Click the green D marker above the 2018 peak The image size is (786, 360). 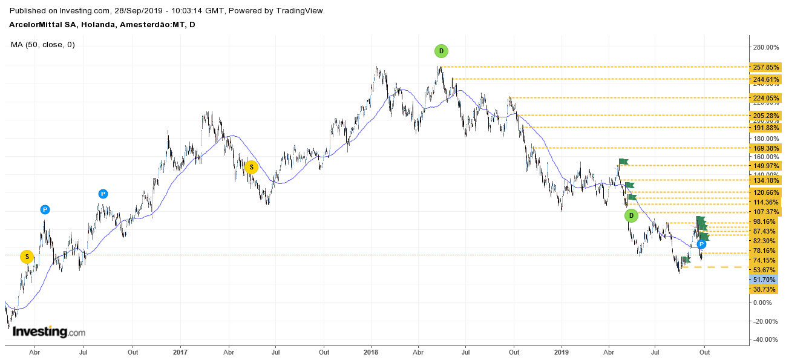tap(441, 51)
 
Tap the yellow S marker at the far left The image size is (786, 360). tap(27, 257)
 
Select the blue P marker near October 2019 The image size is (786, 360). tap(701, 244)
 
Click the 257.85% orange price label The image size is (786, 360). tap(765, 67)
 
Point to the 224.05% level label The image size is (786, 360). tap(765, 98)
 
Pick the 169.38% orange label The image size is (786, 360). tap(765, 148)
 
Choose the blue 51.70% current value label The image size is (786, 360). tap(765, 280)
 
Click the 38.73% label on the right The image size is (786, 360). tap(765, 289)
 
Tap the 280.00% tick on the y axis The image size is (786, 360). tap(765, 47)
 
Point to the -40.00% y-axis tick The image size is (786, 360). tap(765, 339)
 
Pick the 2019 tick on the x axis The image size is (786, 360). tap(562, 351)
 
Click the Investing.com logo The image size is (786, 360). tap(49, 332)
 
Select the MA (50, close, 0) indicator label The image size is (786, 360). tap(43, 44)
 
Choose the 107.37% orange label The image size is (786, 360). tap(765, 212)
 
